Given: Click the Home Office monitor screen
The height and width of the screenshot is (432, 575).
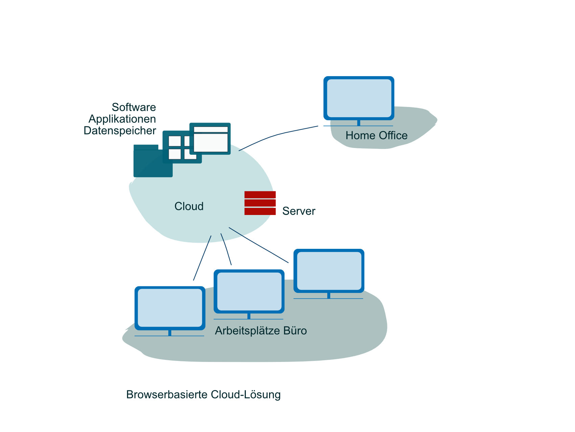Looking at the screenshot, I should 359,98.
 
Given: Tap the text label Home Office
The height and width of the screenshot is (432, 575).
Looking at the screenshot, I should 376,135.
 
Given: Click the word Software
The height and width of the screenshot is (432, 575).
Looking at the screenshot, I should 134,107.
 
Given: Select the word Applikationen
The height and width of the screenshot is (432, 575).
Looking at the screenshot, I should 122,119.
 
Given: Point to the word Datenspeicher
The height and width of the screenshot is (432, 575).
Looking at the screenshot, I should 120,131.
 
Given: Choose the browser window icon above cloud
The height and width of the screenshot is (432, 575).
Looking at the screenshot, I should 210,139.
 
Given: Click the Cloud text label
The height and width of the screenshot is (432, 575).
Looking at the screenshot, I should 189,206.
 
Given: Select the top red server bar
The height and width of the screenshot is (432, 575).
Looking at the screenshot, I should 260,195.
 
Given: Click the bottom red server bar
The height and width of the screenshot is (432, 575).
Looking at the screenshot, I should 260,212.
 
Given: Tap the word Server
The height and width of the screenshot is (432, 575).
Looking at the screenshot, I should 298,211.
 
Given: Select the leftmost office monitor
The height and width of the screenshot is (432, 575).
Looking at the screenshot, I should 170,308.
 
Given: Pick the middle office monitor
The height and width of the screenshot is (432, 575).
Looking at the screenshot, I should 249,291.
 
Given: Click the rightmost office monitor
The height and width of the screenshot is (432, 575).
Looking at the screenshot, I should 329,271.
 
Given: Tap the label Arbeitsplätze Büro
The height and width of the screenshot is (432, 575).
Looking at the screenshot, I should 261,331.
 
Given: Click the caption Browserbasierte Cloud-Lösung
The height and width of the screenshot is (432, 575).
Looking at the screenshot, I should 203,395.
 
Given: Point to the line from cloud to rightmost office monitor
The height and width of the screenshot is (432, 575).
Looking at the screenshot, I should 259,245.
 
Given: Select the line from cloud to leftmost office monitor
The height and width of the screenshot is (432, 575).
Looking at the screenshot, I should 202,258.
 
